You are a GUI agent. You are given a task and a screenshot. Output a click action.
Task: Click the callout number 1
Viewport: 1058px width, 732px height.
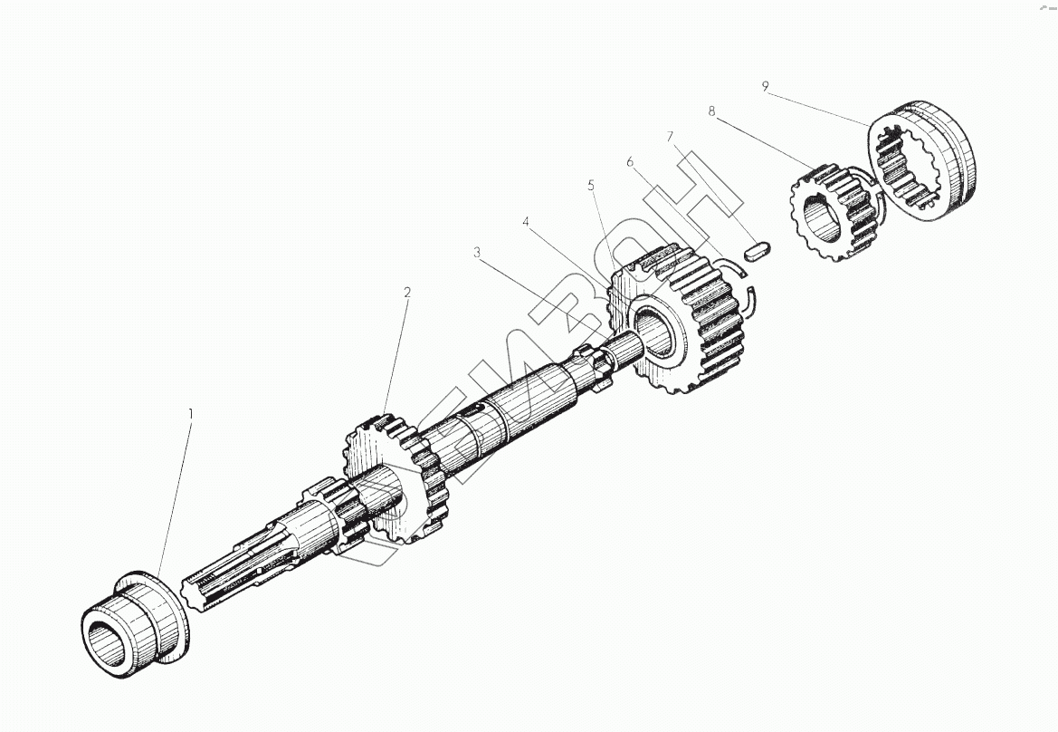(x=190, y=413)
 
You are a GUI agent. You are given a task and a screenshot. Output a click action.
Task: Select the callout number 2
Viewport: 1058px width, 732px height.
(x=407, y=292)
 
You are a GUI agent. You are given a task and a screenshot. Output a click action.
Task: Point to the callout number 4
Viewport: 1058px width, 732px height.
(x=526, y=221)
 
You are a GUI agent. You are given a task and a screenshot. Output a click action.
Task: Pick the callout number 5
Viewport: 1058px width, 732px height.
(x=591, y=185)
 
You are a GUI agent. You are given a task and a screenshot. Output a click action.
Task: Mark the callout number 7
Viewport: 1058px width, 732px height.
(x=670, y=137)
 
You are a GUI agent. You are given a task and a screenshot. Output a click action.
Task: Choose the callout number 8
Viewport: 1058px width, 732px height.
(x=711, y=111)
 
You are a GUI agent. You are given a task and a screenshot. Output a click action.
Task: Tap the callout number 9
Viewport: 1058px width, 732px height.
(x=766, y=86)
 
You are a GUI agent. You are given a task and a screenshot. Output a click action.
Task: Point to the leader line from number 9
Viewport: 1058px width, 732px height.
(x=819, y=105)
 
